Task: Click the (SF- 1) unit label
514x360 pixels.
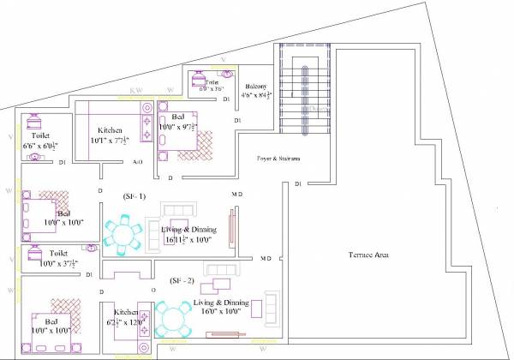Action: tap(134, 197)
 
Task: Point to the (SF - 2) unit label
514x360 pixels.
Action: tap(182, 280)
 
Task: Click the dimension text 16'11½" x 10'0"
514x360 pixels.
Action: tap(188, 241)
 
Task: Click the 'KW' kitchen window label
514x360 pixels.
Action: tap(135, 89)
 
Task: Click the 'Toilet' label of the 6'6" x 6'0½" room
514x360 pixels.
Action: tap(40, 135)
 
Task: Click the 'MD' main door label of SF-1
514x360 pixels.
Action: tap(236, 195)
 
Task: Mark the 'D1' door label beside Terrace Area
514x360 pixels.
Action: tap(297, 184)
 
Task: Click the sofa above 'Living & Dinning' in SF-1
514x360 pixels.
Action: tap(179, 210)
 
